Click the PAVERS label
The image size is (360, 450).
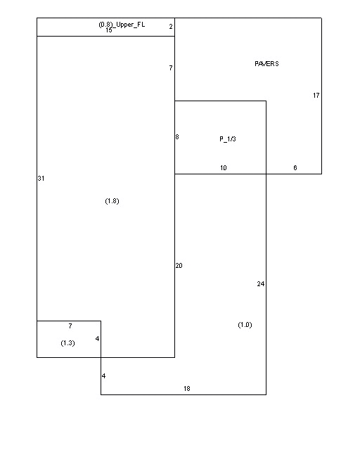point(266,64)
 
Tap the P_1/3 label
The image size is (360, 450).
point(228,139)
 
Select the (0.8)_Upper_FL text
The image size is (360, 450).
point(122,25)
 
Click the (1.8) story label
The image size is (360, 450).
point(112,201)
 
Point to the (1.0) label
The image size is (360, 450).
point(245,325)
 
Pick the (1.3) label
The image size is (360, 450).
point(67,343)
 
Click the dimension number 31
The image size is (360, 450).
point(41,178)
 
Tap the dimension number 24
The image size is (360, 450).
point(261,284)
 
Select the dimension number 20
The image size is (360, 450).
point(179,266)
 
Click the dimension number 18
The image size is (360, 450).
point(187,389)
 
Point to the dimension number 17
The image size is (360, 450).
point(316,96)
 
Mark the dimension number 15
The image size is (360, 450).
point(109,30)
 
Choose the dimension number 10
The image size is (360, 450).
point(224,168)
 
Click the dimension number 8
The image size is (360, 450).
point(177,137)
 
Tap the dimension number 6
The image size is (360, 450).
point(295,168)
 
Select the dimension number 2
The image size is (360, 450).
point(171,27)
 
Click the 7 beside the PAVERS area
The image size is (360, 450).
point(171,67)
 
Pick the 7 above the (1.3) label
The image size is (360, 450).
point(70,326)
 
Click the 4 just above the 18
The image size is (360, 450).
point(103,376)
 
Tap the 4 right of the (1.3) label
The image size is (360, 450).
point(97,339)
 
